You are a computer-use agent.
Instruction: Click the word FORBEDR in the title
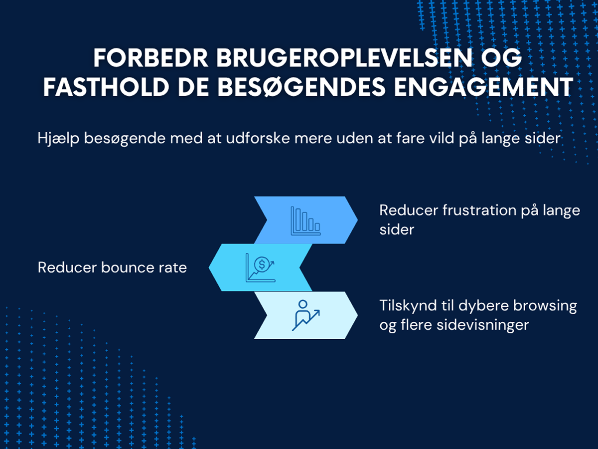pyautogui.click(x=150, y=58)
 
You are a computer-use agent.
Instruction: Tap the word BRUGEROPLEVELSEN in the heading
pyautogui.click(x=344, y=58)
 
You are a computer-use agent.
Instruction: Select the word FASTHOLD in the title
pyautogui.click(x=106, y=87)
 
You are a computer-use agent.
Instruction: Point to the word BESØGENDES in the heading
pyautogui.click(x=301, y=87)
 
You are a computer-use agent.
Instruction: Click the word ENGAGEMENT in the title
pyautogui.click(x=484, y=87)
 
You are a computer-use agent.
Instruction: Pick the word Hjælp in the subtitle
pyautogui.click(x=58, y=139)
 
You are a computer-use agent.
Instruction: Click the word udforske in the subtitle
pyautogui.click(x=258, y=138)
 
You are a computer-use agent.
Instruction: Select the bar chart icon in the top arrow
pyautogui.click(x=305, y=221)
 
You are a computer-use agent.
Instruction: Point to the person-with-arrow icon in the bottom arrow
pyautogui.click(x=305, y=315)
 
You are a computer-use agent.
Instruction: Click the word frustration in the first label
pyautogui.click(x=479, y=211)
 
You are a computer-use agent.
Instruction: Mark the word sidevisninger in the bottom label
pyautogui.click(x=483, y=325)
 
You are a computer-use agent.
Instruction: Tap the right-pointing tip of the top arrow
pyautogui.click(x=357, y=220)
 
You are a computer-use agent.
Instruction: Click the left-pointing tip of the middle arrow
pyautogui.click(x=209, y=267)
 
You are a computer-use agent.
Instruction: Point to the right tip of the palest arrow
pyautogui.click(x=357, y=315)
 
